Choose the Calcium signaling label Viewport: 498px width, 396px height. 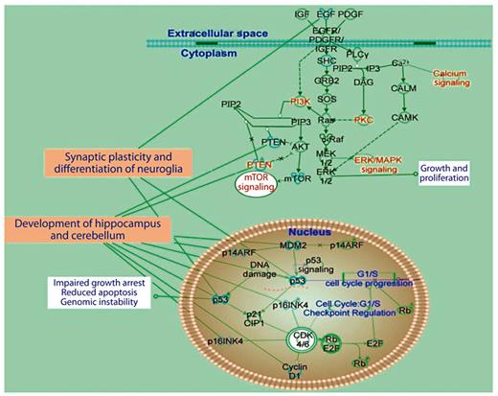(456, 79)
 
